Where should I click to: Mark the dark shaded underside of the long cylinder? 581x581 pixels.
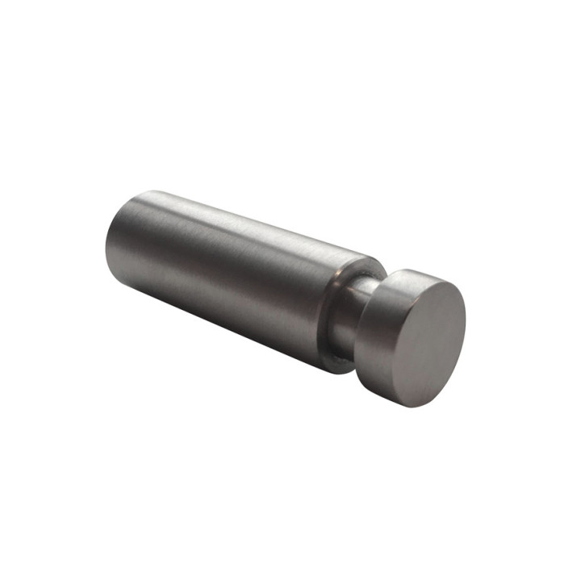tap(234, 323)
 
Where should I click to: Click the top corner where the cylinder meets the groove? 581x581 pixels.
tap(376, 260)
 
